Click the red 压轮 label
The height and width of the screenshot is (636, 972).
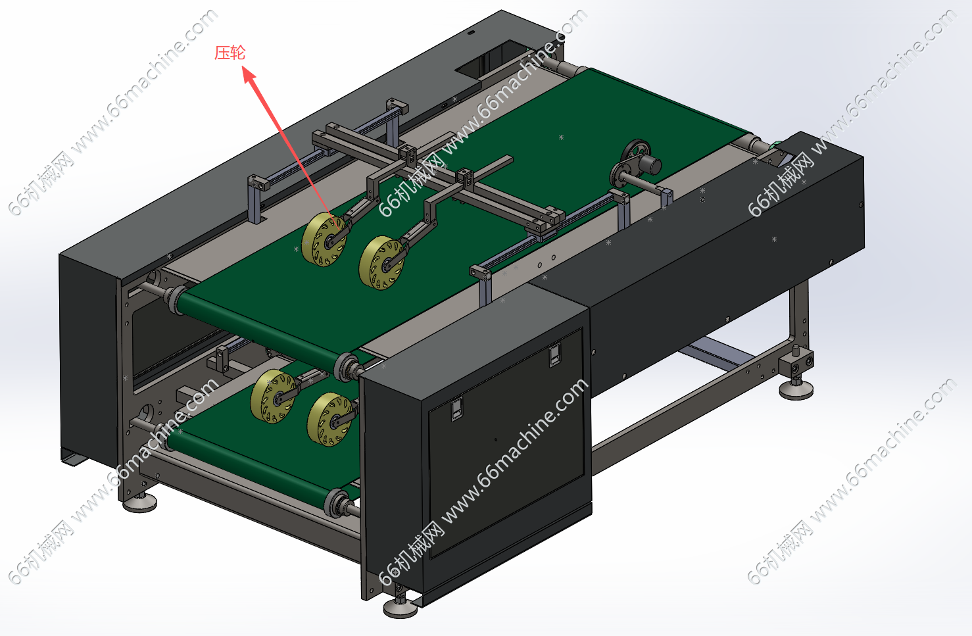pos(230,53)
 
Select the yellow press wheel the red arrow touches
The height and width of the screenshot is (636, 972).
pos(325,239)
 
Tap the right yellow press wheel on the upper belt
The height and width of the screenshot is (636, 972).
pos(382,263)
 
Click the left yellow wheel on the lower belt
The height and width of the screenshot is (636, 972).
pos(273,396)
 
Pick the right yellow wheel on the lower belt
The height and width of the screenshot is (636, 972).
pos(331,420)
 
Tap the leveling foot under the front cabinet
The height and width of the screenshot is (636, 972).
pos(400,606)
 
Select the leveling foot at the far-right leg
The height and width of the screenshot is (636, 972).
pos(796,387)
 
